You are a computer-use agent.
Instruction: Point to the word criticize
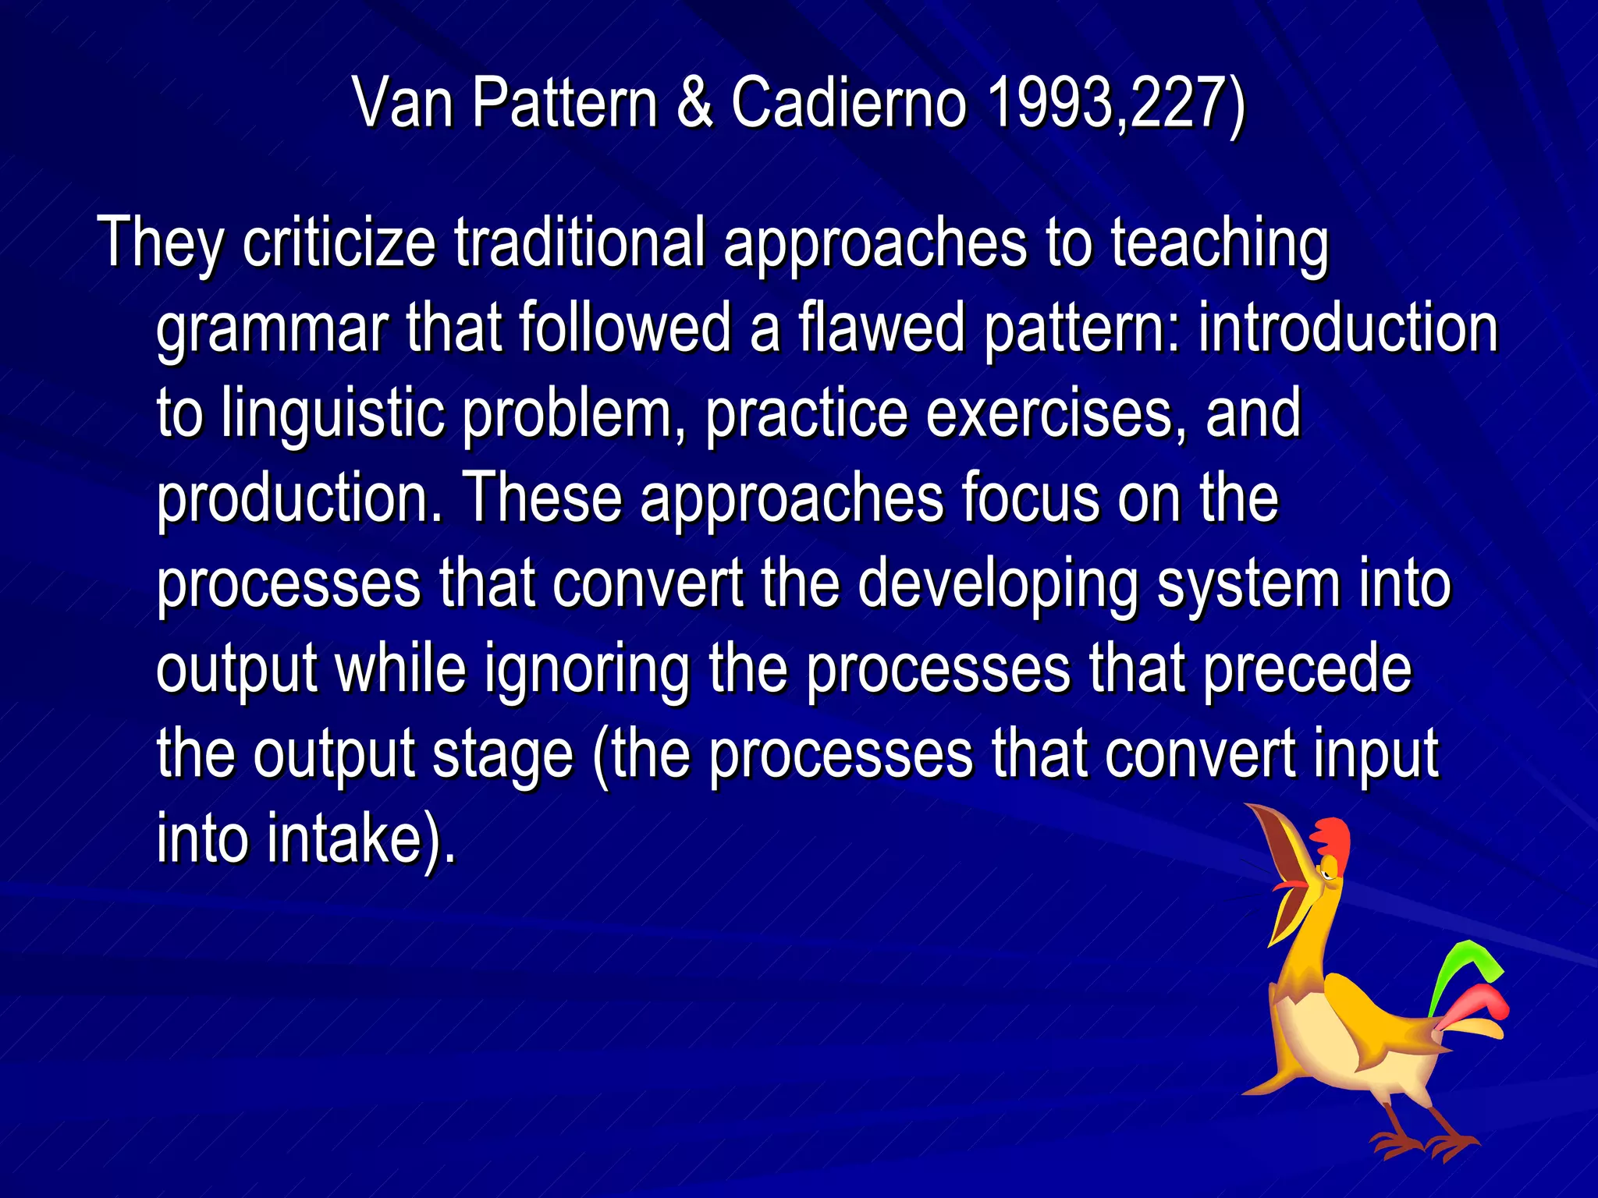338,243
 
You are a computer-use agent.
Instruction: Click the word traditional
579,243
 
